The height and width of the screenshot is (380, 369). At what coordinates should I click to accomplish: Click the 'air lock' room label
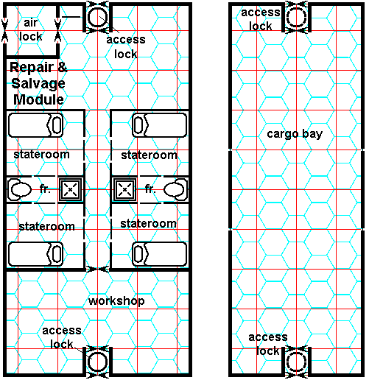(x=31, y=29)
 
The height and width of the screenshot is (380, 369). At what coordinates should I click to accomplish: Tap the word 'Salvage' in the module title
(x=38, y=84)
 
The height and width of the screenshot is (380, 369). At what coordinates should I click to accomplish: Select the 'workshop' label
(x=116, y=301)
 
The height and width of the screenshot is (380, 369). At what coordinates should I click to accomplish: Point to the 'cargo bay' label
(x=295, y=134)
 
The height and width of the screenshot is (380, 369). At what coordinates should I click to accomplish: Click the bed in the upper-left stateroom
(x=36, y=125)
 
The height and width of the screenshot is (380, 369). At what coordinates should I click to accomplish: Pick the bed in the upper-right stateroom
(x=160, y=125)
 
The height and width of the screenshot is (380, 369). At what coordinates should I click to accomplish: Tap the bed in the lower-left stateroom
(x=36, y=254)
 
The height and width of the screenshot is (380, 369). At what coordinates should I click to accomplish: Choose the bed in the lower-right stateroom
(x=160, y=254)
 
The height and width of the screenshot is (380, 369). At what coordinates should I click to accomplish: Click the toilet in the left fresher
(x=20, y=189)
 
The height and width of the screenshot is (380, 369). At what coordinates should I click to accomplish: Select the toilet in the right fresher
(x=175, y=189)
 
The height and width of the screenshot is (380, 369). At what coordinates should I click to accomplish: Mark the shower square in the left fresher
(x=71, y=189)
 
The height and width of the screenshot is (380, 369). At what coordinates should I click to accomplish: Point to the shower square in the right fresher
(x=124, y=189)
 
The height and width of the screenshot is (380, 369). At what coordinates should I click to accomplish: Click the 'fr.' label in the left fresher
(x=45, y=189)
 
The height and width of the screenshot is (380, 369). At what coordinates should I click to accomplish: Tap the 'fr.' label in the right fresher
(x=150, y=189)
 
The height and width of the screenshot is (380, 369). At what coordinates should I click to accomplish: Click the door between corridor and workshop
(x=97, y=270)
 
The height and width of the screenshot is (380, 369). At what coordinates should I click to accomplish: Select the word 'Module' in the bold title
(x=38, y=99)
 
